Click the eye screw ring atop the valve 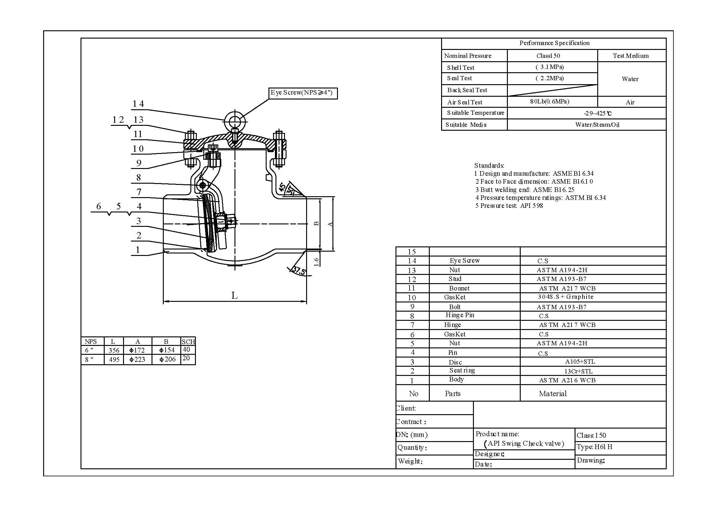point(235,121)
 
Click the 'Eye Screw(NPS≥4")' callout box point(303,93)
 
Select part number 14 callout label point(138,104)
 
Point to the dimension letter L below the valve point(234,295)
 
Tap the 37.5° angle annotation point(299,271)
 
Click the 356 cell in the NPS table point(114,350)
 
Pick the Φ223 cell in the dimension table point(137,359)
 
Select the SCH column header point(188,342)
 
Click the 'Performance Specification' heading point(554,43)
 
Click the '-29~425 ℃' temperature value point(598,113)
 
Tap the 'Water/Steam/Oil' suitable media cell point(597,125)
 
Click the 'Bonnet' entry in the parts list point(459,288)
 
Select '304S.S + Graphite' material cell point(565,297)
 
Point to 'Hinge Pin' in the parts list point(460,315)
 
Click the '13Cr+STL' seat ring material point(578,371)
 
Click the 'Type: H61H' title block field point(594,447)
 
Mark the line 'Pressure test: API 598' point(509,206)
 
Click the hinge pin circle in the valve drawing point(202,186)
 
